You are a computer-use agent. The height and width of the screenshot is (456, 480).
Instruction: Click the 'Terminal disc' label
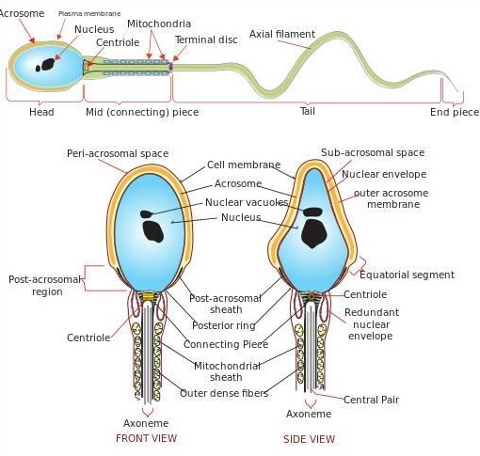click(x=206, y=39)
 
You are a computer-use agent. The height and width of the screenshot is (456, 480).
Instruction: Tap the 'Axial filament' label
click(x=282, y=34)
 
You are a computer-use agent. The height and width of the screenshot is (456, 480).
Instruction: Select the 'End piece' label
click(x=455, y=112)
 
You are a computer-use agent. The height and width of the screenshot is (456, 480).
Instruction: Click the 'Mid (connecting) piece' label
click(x=142, y=112)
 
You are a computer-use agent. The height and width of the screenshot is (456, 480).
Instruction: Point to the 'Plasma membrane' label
click(x=89, y=14)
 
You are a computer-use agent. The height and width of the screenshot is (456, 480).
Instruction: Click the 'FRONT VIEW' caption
click(x=146, y=438)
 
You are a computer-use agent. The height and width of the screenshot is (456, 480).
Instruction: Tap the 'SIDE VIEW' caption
click(x=309, y=439)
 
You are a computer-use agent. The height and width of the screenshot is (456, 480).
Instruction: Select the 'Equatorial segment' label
click(x=407, y=275)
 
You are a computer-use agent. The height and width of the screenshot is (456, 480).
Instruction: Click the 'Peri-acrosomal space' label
click(x=118, y=153)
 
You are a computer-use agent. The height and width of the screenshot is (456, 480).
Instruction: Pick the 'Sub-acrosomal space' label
click(x=373, y=152)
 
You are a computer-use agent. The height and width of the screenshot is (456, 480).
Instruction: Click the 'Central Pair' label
click(x=371, y=400)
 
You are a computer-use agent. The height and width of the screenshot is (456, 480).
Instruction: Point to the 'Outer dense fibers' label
click(x=224, y=393)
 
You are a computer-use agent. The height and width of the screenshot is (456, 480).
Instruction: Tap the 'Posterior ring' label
click(x=224, y=325)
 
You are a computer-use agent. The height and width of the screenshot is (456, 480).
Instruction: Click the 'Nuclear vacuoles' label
click(x=247, y=202)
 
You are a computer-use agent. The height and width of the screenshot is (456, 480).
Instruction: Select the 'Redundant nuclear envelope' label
click(x=372, y=324)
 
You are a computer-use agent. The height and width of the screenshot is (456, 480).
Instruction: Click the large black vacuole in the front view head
click(x=153, y=231)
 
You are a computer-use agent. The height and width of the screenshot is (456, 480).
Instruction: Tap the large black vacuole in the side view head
click(x=313, y=233)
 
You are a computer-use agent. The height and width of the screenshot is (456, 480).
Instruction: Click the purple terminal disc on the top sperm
click(x=171, y=67)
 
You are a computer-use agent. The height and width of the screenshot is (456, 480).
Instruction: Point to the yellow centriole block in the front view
click(x=148, y=296)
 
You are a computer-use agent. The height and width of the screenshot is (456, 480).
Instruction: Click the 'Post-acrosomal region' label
click(x=45, y=286)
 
